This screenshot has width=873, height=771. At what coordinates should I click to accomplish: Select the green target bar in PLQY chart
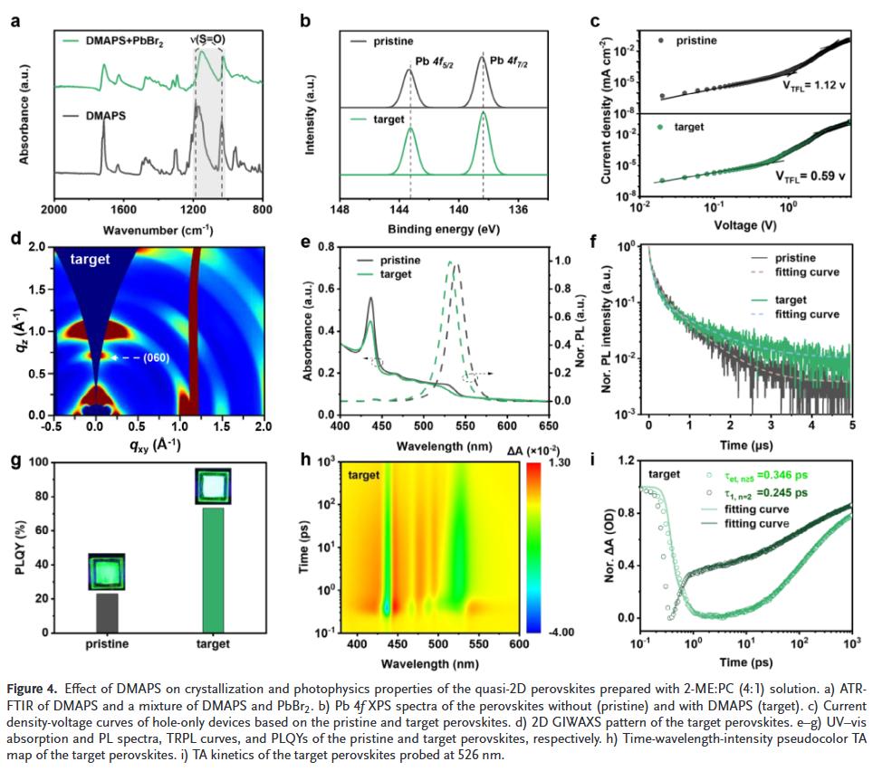coord(213,569)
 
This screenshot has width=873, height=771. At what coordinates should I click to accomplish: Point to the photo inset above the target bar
coord(213,486)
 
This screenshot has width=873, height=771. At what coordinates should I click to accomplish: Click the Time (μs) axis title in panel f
coord(737,446)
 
